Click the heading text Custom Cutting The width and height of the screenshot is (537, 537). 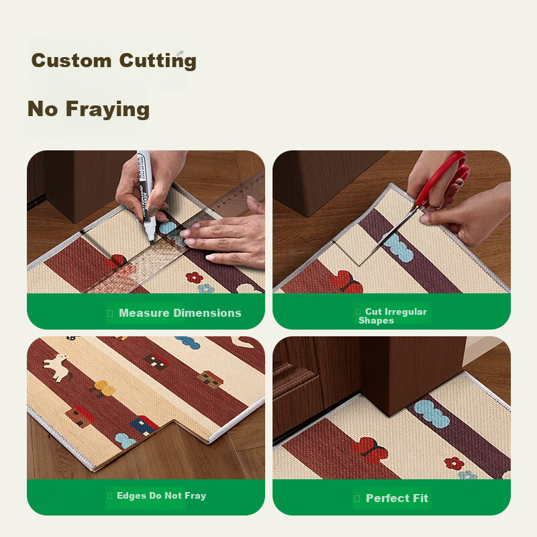pyautogui.click(x=113, y=60)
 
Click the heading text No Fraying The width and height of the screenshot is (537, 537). pyautogui.click(x=89, y=109)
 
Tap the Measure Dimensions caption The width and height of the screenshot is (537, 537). pyautogui.click(x=180, y=313)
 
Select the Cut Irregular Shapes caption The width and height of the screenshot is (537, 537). pyautogui.click(x=393, y=315)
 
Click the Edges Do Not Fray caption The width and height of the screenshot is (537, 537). pyautogui.click(x=161, y=495)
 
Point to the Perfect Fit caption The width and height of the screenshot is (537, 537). pyautogui.click(x=397, y=498)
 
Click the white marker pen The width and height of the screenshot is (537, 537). pyautogui.click(x=146, y=195)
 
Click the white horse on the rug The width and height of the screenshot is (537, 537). pyautogui.click(x=56, y=367)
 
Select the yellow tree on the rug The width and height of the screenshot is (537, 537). pyautogui.click(x=103, y=389)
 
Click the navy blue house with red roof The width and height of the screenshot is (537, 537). pyautogui.click(x=144, y=426)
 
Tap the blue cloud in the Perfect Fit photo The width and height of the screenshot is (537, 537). pyautogui.click(x=432, y=413)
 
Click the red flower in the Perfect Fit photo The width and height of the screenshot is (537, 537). pyautogui.click(x=454, y=463)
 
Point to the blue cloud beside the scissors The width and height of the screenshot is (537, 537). pyautogui.click(x=398, y=247)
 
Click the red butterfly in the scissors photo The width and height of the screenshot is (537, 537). pyautogui.click(x=347, y=282)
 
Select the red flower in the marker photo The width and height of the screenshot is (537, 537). pyautogui.click(x=194, y=277)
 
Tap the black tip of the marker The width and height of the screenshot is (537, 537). pyautogui.click(x=152, y=242)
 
